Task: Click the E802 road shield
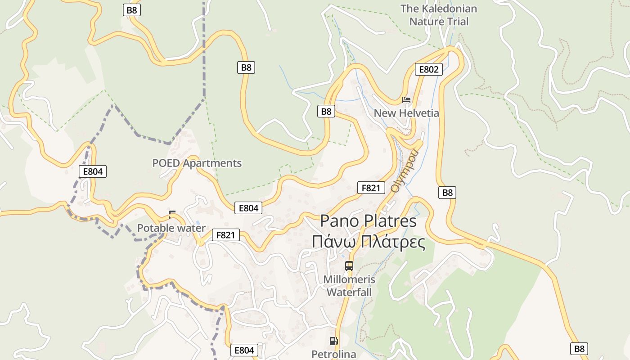click(x=428, y=69)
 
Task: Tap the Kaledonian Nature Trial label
click(x=439, y=15)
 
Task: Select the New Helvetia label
click(x=406, y=113)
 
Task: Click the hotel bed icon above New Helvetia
click(x=406, y=100)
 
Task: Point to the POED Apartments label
click(x=197, y=163)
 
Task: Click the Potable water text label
click(x=171, y=228)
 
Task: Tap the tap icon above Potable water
click(x=171, y=215)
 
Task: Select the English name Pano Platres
click(x=368, y=221)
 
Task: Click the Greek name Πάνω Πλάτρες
click(x=368, y=242)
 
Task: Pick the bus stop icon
click(x=349, y=265)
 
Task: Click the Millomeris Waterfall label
click(x=349, y=286)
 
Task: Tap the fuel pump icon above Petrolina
click(x=333, y=341)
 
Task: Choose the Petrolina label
click(x=334, y=354)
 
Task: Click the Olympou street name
click(x=404, y=171)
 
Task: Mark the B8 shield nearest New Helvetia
click(x=326, y=111)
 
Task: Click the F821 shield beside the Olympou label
click(x=371, y=188)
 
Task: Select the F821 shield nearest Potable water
click(x=226, y=235)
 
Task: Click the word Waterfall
click(x=349, y=292)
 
